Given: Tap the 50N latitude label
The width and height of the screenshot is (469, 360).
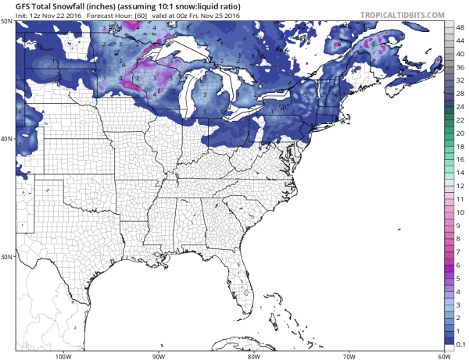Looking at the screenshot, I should (7, 22).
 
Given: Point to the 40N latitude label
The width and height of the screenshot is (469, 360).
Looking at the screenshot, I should (7, 139).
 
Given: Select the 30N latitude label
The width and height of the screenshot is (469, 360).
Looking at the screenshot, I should (7, 256).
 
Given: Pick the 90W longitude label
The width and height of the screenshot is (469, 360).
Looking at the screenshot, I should (159, 355).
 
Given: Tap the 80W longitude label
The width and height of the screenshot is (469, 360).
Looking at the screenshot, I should (252, 355).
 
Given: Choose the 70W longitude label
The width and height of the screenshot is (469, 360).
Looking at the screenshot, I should (347, 355).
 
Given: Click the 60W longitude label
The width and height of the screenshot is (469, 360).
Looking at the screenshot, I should (442, 355).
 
